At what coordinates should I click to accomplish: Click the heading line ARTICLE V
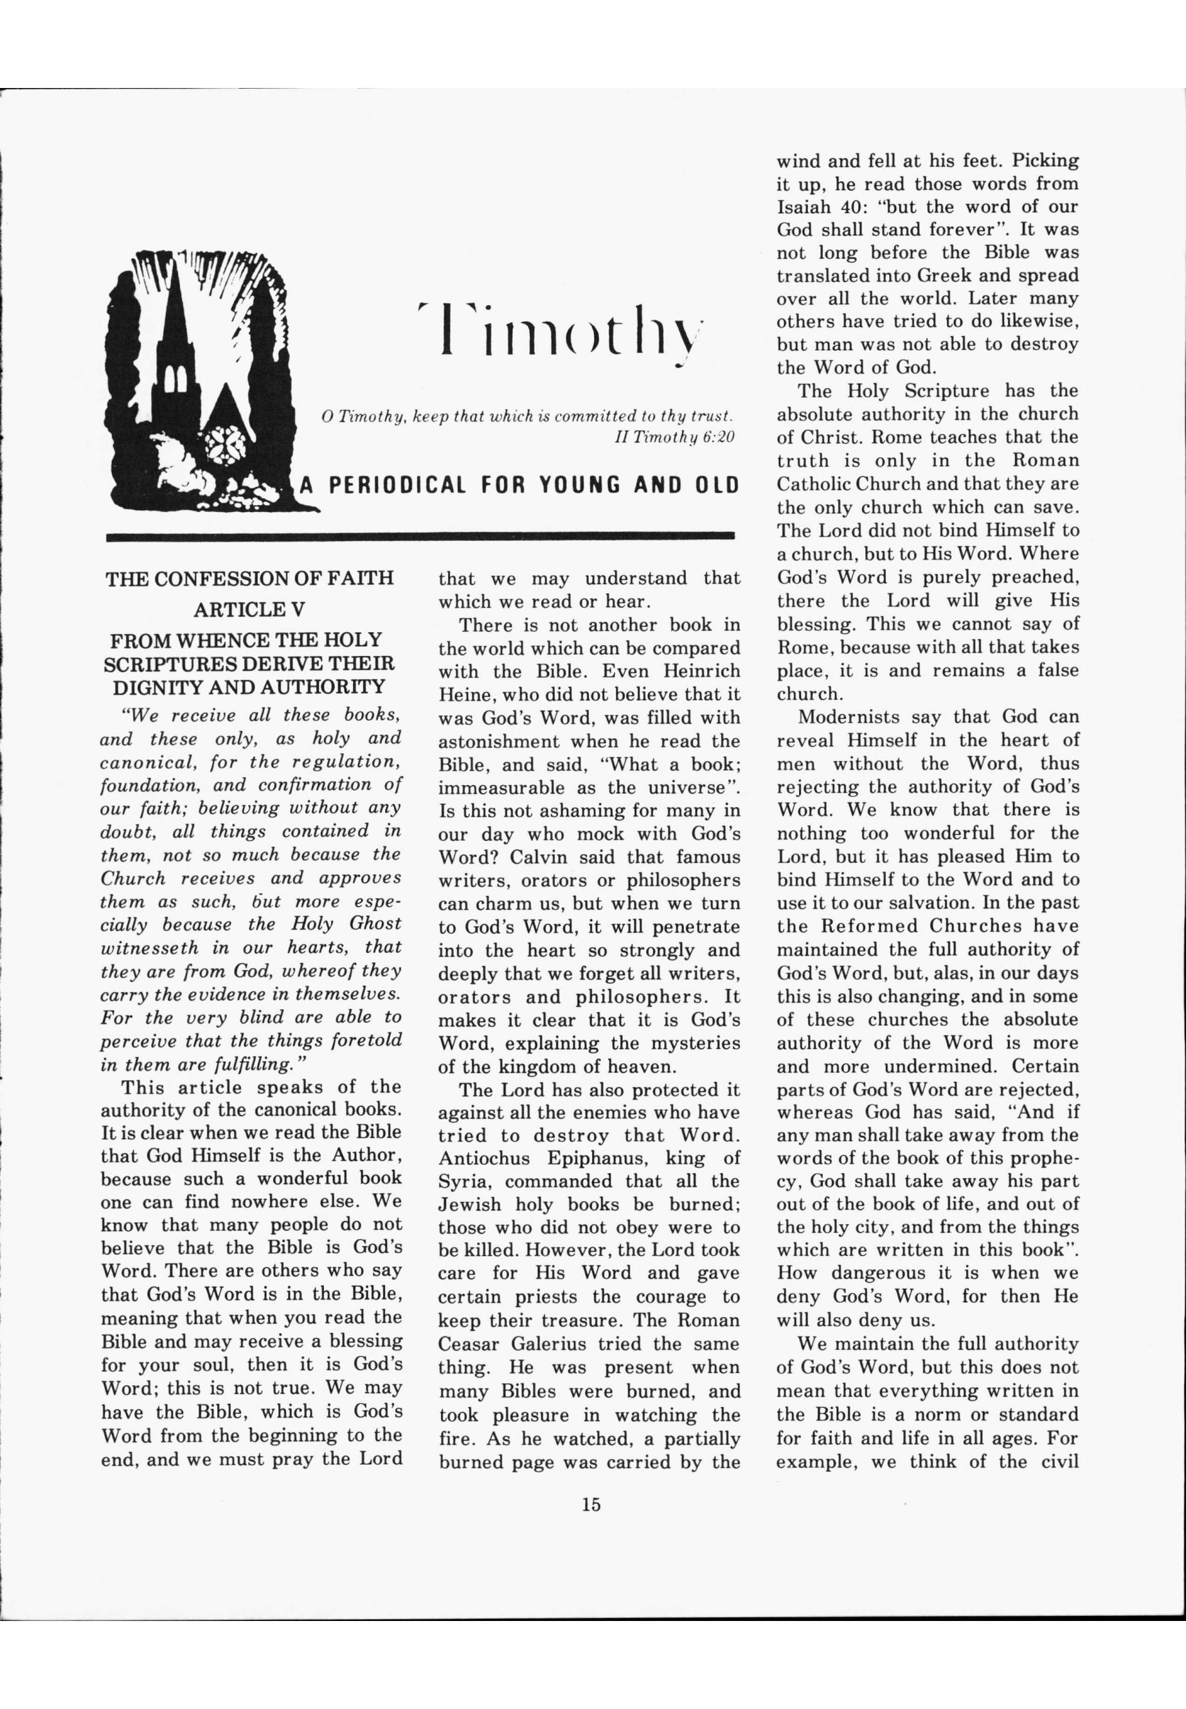tap(249, 609)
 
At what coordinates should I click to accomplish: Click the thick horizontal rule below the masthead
tap(420, 535)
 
